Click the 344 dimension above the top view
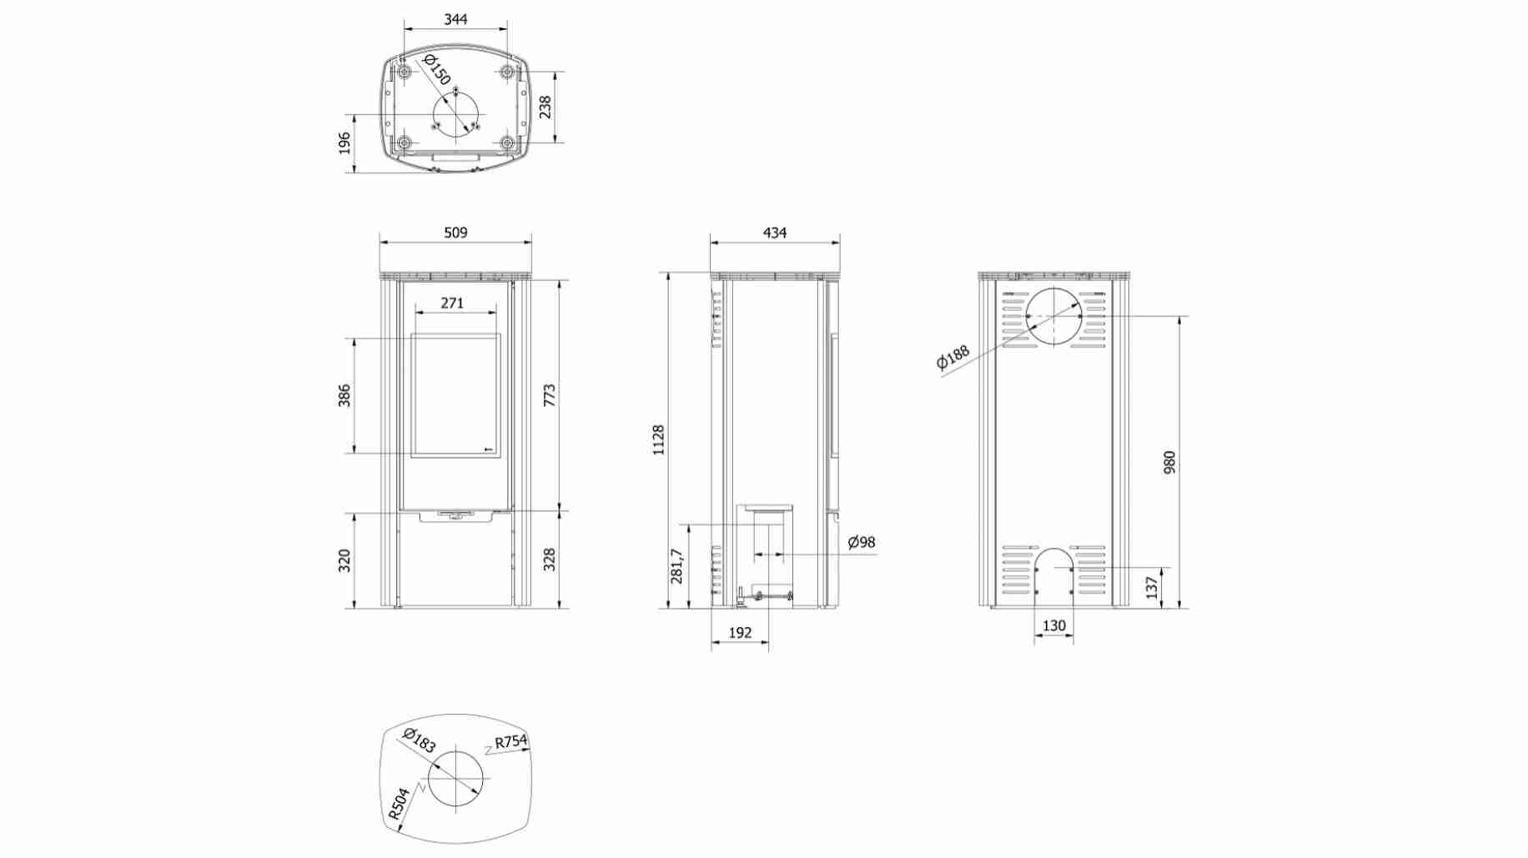coord(455,18)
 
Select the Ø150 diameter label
coord(437,69)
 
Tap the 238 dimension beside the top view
coord(545,107)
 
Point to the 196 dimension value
coord(344,143)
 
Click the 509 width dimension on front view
coord(455,233)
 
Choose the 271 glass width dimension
coord(452,303)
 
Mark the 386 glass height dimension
coord(344,395)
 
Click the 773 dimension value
coord(549,395)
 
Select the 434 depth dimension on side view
coord(775,233)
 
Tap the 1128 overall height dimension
coord(658,439)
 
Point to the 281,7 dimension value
coord(676,566)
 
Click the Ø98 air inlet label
coord(862,542)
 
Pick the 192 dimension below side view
coord(740,633)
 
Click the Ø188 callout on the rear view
coord(952,356)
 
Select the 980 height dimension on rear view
coord(1169,462)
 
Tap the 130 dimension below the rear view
coord(1054,625)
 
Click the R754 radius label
coord(510,741)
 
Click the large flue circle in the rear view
coord(1053,317)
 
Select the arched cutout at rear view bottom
coord(1054,575)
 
